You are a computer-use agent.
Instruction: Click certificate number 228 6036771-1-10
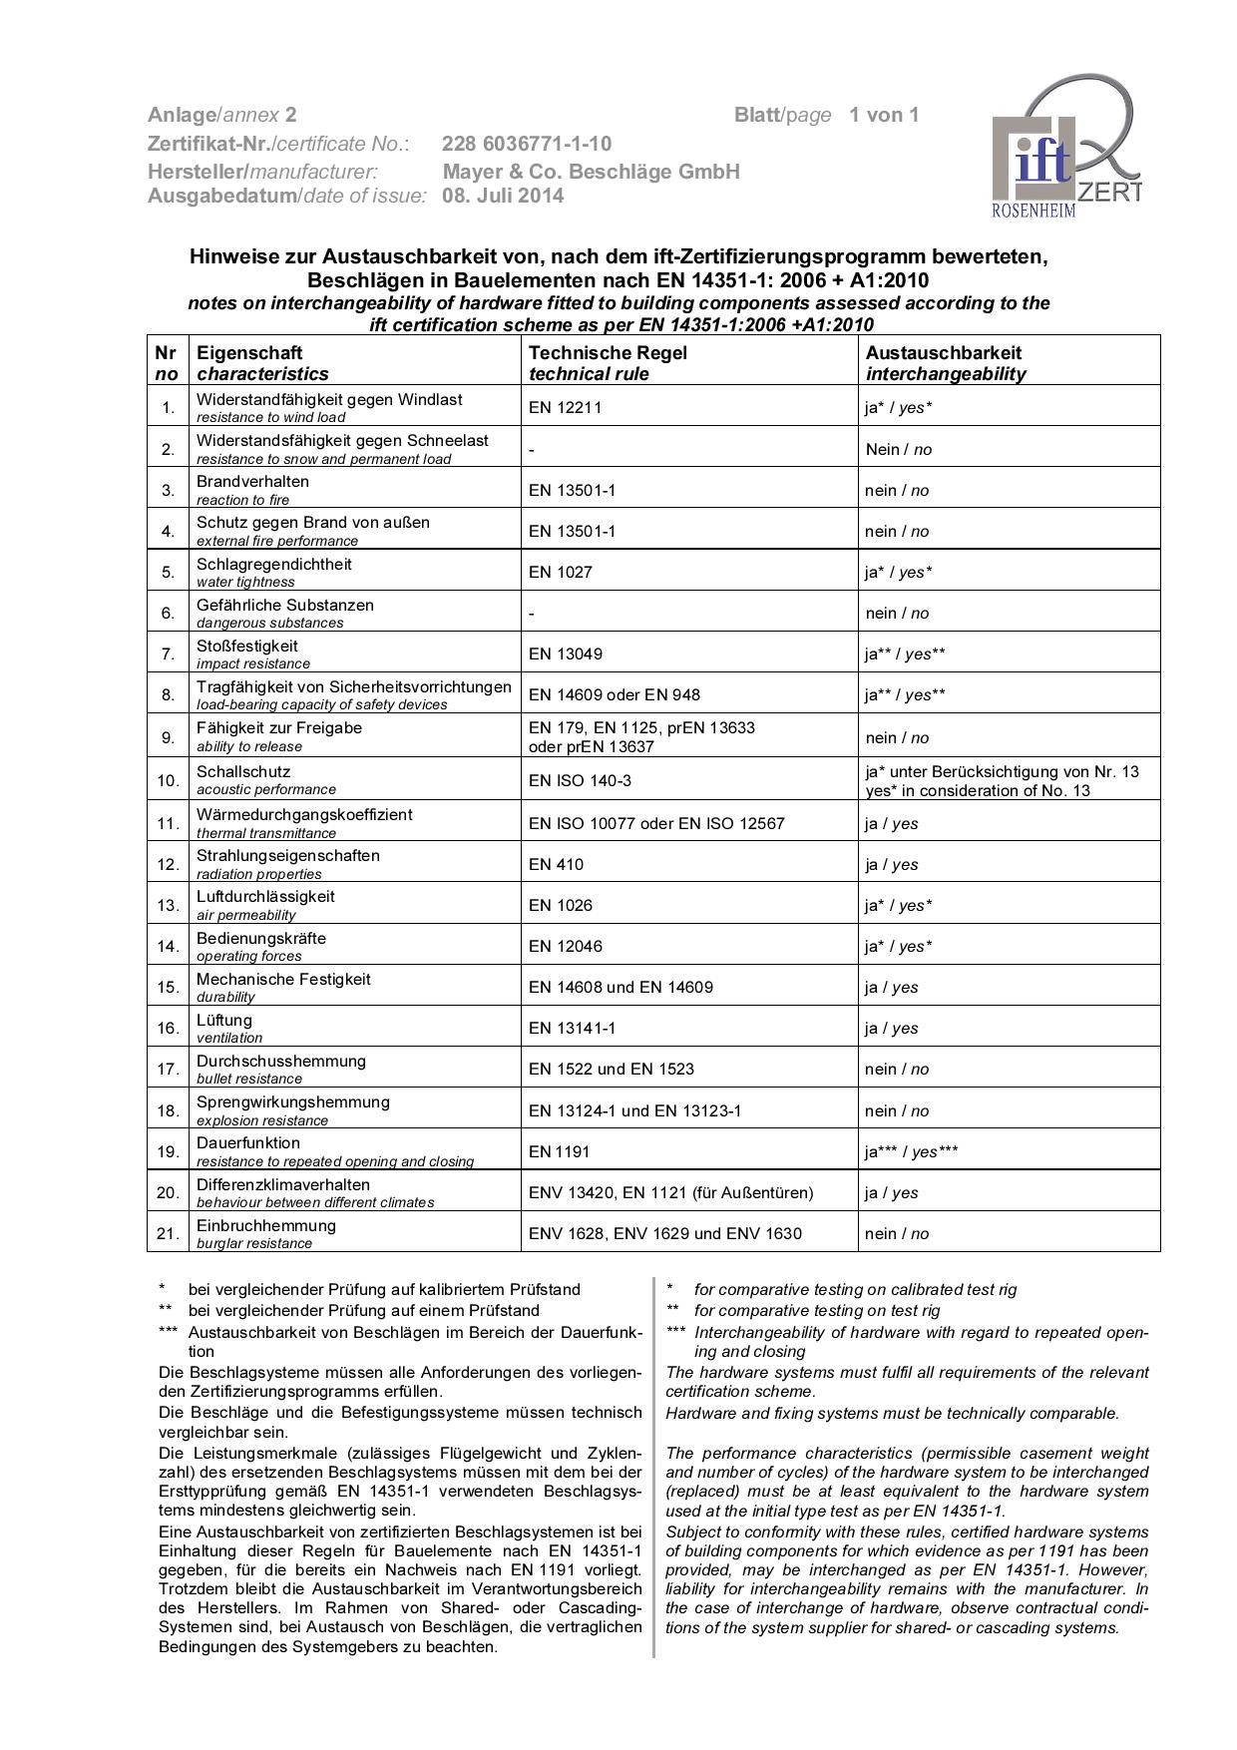click(x=527, y=144)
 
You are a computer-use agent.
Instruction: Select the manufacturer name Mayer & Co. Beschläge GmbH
click(x=591, y=172)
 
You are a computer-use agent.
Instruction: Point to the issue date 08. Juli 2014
click(x=503, y=196)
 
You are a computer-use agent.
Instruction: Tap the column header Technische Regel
click(x=608, y=352)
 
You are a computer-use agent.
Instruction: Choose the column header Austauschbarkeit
click(x=943, y=352)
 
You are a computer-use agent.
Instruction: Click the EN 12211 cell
click(x=565, y=407)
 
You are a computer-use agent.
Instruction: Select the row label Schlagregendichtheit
click(x=273, y=564)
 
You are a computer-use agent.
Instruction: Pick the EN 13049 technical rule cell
click(x=565, y=654)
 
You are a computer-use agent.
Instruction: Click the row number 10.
click(x=168, y=780)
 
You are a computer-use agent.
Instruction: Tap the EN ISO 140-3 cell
click(x=580, y=780)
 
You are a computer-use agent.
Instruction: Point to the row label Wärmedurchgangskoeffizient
click(x=303, y=814)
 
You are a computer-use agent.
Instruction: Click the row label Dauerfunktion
click(x=247, y=1142)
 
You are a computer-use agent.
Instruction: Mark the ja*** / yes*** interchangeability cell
click(x=911, y=1151)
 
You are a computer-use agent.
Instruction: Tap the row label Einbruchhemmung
click(x=265, y=1225)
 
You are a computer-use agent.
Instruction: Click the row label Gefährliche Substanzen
click(x=284, y=605)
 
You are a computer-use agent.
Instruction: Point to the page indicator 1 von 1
click(x=884, y=115)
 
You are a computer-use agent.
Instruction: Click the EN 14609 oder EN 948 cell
click(x=614, y=694)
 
